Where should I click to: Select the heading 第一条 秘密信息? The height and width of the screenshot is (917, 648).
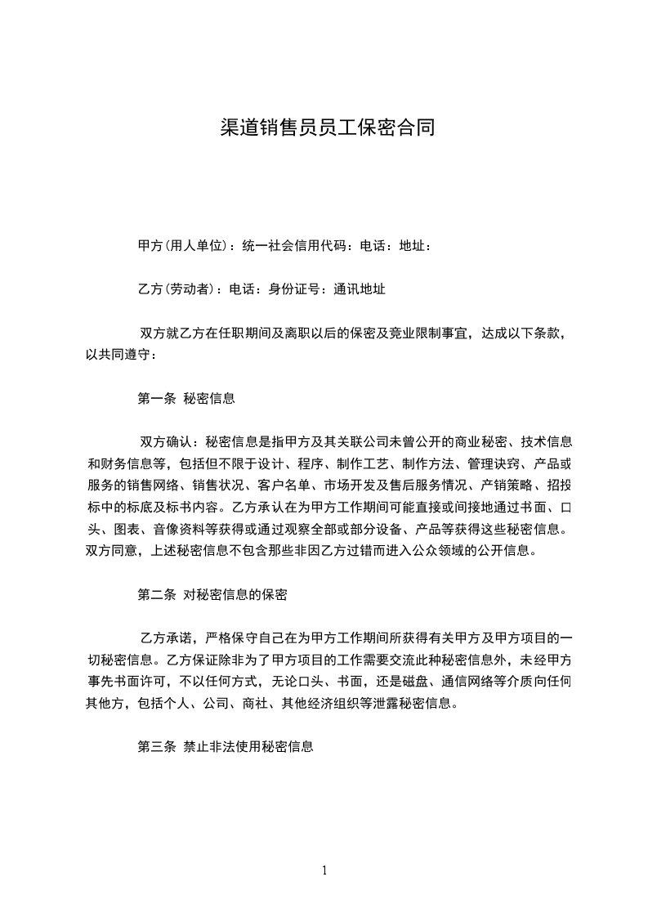[x=187, y=399]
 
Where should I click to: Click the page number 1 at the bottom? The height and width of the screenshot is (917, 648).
[x=324, y=870]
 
